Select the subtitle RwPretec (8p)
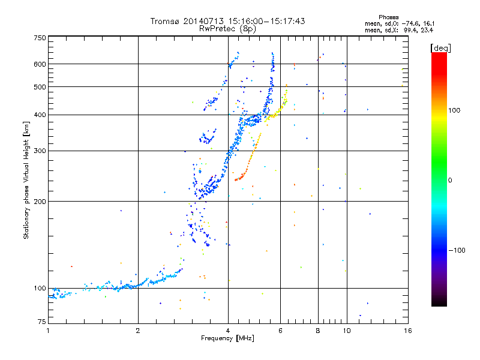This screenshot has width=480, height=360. [227, 29]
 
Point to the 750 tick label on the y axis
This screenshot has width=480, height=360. [40, 38]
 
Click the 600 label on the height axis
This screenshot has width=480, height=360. [40, 64]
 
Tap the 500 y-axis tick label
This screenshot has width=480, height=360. [40, 87]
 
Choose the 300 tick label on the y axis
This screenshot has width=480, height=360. [40, 151]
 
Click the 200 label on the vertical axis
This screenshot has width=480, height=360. [40, 202]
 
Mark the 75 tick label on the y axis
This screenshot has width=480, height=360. [42, 322]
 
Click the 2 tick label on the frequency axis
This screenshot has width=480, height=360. [138, 331]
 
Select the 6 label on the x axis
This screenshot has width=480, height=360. [280, 331]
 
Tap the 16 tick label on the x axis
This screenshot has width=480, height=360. [408, 331]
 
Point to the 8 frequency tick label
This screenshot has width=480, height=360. [318, 331]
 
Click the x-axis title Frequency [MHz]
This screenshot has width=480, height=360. [227, 338]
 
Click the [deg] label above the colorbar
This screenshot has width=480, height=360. [440, 49]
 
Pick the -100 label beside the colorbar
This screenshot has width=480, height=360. [457, 250]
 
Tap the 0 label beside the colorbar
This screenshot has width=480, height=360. [450, 181]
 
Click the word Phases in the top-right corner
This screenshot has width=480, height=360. [388, 17]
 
